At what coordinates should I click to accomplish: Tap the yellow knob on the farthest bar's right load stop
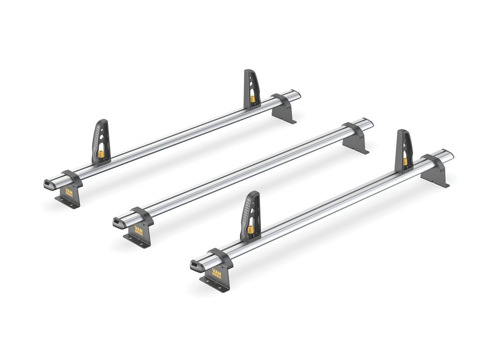click(x=253, y=99)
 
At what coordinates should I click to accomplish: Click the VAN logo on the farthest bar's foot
click(x=69, y=191)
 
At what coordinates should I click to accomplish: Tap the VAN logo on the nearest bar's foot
click(x=216, y=274)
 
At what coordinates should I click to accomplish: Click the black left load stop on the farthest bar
click(x=100, y=141)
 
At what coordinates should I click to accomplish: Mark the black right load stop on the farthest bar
click(x=252, y=88)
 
